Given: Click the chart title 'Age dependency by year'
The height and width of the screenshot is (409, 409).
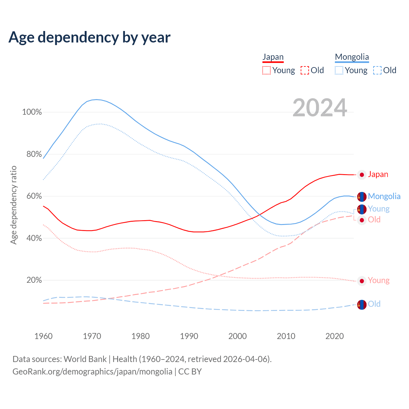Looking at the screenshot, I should pos(89,37).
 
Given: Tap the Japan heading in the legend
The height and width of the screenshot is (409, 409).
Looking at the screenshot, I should pos(273,57).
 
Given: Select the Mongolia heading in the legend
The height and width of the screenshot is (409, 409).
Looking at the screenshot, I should pos(352,57).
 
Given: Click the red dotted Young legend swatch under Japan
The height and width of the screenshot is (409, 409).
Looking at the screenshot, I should pos(266,70).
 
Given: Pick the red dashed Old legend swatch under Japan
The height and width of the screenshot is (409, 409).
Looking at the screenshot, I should pos(305,70).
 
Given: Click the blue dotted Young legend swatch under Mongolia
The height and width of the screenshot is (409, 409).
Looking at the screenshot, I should pos(339,70).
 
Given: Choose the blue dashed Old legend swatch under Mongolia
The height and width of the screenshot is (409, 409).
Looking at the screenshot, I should pos(377,70).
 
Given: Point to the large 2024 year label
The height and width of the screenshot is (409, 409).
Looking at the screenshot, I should pos(320,108).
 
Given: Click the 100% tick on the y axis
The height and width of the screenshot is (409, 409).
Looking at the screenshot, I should pos(32,112).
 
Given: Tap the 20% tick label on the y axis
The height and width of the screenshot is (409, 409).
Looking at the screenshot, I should pos(34,280).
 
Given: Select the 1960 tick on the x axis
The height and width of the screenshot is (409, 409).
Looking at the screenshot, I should pos(43,336).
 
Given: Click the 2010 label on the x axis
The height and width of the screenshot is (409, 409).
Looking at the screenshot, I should pos(286,336).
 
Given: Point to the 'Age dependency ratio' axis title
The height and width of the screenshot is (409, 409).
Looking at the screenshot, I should pos(13,205).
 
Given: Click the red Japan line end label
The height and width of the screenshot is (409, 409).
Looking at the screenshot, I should pos(378,174).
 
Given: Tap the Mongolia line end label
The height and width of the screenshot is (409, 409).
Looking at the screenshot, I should pos(384,196).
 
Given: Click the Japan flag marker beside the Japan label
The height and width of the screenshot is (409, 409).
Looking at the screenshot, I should pos(362,175).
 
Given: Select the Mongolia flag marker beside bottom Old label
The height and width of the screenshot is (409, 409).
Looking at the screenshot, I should pos(362,305).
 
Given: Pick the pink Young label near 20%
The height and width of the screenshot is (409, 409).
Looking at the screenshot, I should pos(379,281).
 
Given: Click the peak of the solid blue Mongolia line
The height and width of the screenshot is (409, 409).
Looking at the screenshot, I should pos(96,99).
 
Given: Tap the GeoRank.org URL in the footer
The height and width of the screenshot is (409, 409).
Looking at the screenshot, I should pos(92,372).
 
